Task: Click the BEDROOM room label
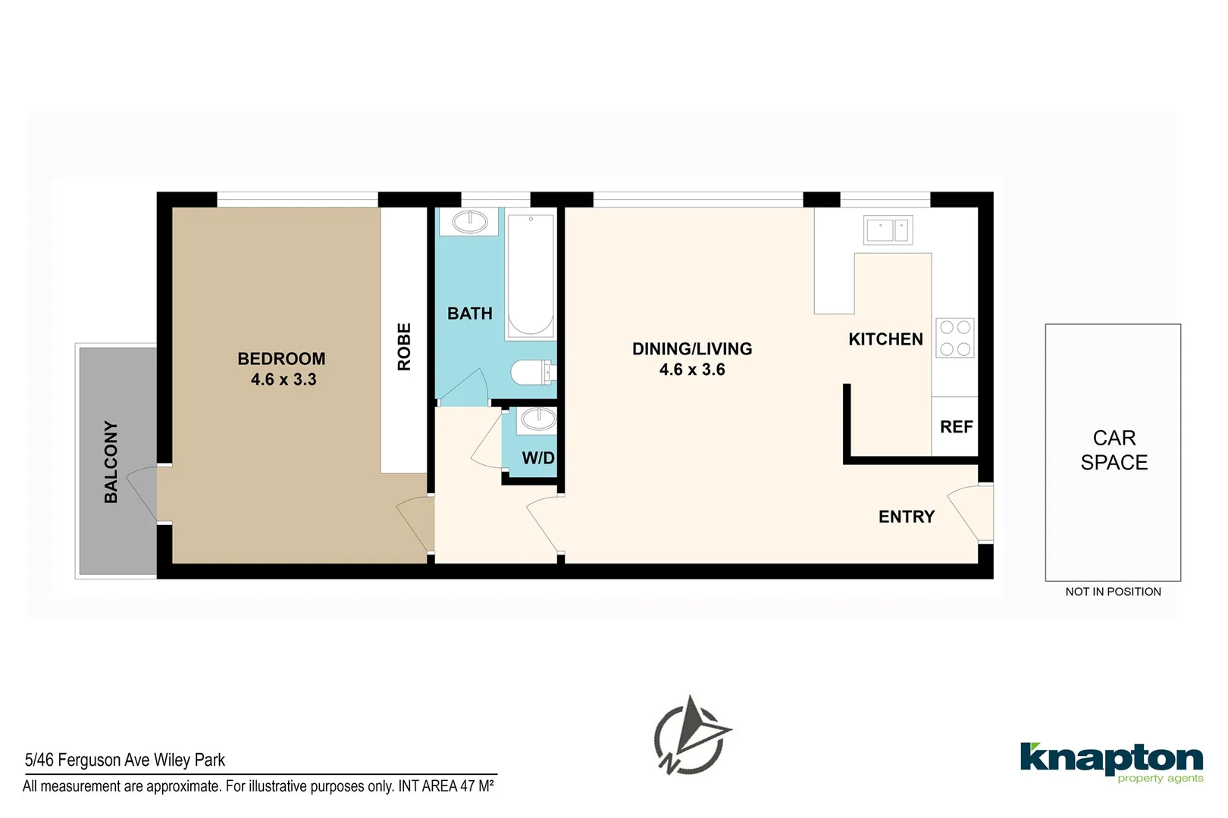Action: pos(281,358)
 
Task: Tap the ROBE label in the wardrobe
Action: pos(404,347)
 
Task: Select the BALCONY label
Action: pos(111,462)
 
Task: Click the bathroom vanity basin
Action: pos(470,221)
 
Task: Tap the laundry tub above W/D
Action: pos(538,419)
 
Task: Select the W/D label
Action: pos(538,458)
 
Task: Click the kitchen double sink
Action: pos(888,229)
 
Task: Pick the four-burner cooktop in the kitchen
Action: pos(955,338)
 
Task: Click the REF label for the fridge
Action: pos(956,427)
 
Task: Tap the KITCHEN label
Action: pos(885,339)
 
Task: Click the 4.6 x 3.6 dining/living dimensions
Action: pos(692,370)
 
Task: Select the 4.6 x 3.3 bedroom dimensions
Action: pos(284,379)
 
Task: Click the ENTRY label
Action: pos(907,517)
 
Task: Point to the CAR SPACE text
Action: pos(1114,450)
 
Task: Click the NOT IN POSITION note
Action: pos(1113,592)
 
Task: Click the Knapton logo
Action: pos(1111,761)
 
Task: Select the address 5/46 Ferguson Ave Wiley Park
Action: pos(125,760)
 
